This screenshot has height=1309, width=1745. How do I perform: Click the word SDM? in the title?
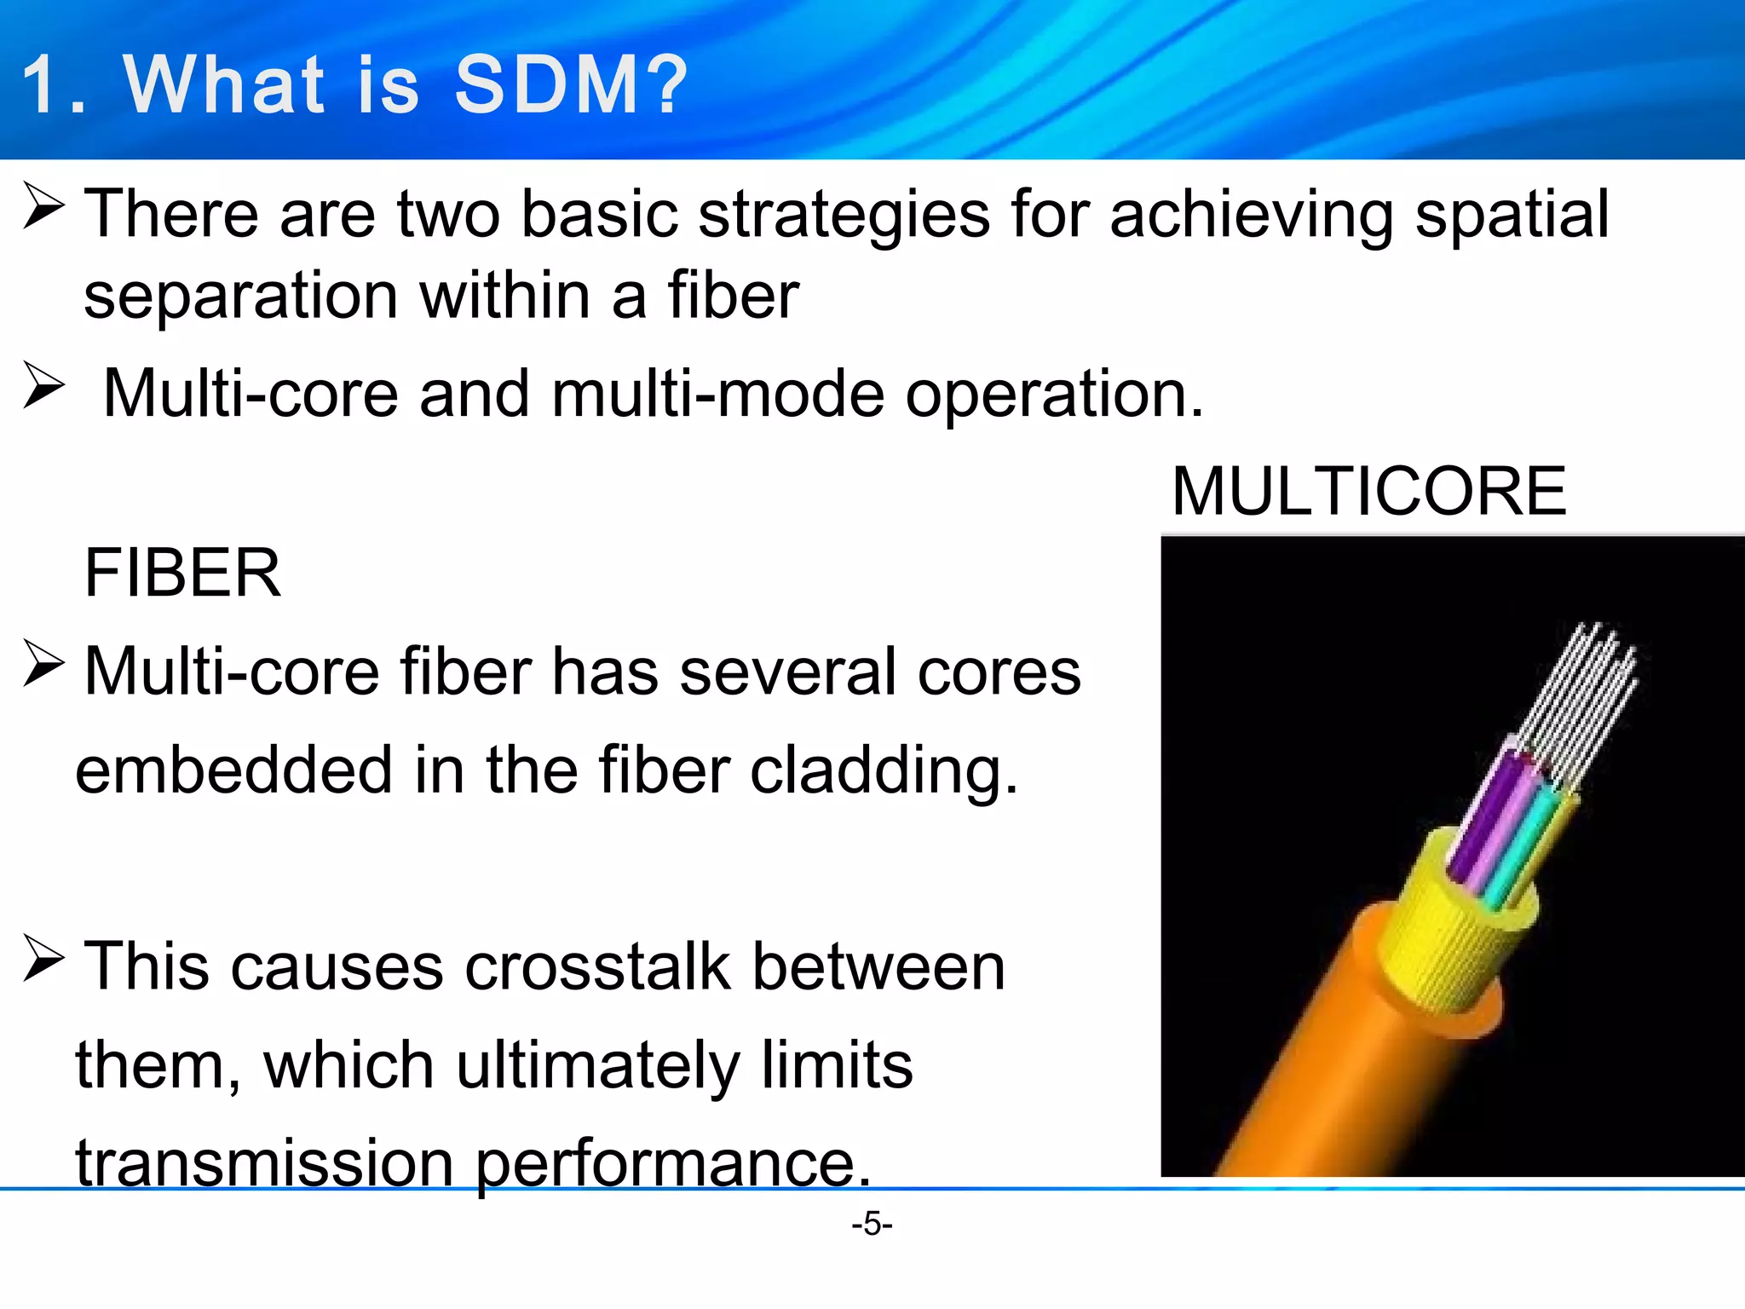coord(569,85)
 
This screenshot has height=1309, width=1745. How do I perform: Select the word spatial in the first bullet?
coord(1512,215)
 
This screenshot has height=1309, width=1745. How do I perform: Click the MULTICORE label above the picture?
coord(1368,492)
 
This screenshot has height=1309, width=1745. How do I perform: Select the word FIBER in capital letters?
coord(182,574)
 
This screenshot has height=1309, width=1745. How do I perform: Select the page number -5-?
coord(872,1225)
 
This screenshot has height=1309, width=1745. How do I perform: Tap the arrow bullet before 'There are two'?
coord(43,207)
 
